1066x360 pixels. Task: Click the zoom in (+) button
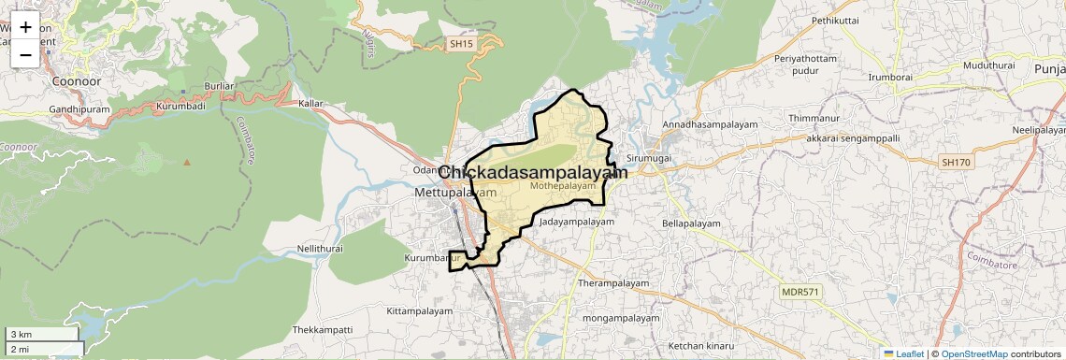click(25, 27)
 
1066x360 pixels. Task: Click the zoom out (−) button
click(25, 54)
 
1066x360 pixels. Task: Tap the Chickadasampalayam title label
click(532, 173)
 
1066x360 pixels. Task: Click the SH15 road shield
click(460, 44)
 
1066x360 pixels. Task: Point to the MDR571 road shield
click(800, 293)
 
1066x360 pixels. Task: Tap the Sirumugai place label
click(650, 160)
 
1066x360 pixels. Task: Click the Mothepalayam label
click(562, 186)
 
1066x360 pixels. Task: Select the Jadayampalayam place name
click(576, 223)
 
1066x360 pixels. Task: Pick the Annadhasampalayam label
click(708, 124)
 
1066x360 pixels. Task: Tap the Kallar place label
click(310, 103)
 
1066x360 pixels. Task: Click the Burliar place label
click(220, 87)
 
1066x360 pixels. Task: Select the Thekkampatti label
click(323, 330)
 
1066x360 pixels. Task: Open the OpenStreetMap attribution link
click(973, 353)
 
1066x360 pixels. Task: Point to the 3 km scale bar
click(42, 334)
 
